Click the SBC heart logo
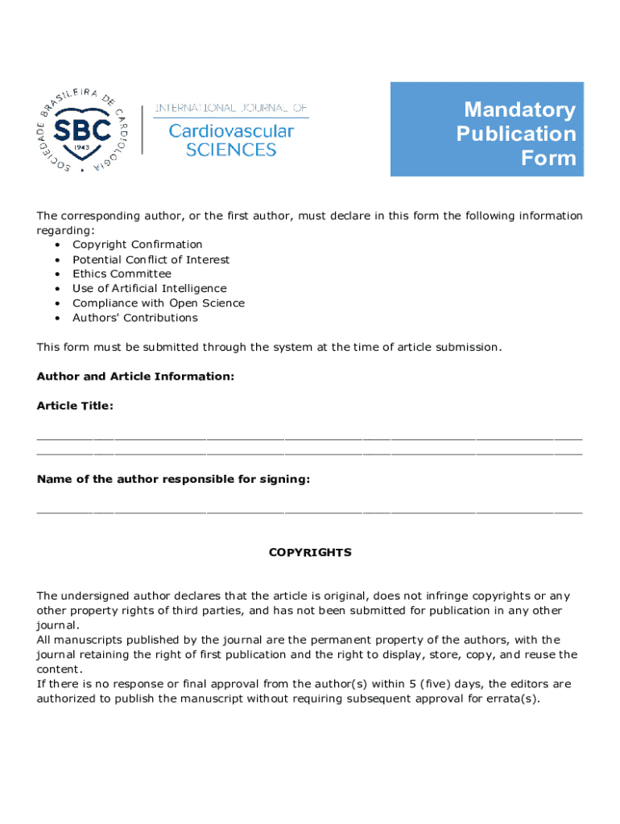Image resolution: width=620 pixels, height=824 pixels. point(81,130)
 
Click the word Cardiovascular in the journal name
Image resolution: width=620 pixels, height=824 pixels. point(231,130)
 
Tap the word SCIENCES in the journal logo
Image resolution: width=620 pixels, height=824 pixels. point(231,150)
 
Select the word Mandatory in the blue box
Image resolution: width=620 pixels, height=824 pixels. point(519,109)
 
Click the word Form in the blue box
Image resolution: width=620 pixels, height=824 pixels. point(548,158)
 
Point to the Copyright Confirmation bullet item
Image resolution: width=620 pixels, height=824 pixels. point(137,245)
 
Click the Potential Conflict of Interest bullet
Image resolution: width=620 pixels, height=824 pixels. point(151,259)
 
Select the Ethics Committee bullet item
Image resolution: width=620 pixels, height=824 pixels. point(122,274)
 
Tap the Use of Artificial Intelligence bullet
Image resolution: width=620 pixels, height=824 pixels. point(149,288)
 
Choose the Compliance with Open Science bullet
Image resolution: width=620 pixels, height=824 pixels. point(159,303)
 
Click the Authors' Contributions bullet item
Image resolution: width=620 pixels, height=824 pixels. point(134,318)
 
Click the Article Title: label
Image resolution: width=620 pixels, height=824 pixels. point(75,406)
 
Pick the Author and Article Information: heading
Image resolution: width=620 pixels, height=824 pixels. point(135,377)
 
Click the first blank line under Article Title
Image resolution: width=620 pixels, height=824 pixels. point(309,439)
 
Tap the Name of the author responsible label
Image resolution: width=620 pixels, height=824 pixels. point(173,480)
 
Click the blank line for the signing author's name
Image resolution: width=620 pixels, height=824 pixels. point(309,511)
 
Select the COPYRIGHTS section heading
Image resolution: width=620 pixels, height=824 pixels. point(310,553)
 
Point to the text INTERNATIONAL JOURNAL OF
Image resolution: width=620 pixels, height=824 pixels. point(231,109)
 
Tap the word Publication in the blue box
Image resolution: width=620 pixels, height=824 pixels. point(516,134)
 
